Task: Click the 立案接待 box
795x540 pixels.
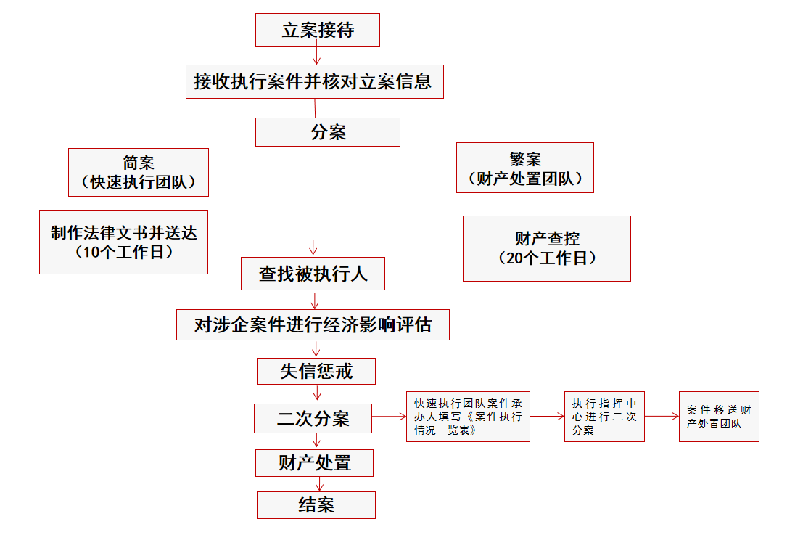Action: (317, 30)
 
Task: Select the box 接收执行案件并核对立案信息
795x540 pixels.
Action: (313, 81)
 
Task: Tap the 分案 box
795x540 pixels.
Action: (327, 132)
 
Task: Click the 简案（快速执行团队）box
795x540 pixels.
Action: (139, 172)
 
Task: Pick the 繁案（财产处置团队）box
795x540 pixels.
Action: (524, 168)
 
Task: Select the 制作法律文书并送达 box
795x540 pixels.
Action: (123, 242)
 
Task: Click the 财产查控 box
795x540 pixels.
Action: (546, 248)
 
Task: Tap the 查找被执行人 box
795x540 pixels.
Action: (313, 274)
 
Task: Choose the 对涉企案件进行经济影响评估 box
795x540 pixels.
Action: (313, 324)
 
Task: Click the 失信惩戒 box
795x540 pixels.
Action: (316, 371)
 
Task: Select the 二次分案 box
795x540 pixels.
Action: (313, 418)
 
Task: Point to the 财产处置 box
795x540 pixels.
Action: (314, 462)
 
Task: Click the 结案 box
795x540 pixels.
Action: (316, 505)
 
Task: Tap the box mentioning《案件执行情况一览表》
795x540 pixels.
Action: (468, 417)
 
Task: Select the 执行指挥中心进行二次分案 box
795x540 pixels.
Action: (604, 417)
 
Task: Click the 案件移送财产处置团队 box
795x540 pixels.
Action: (719, 417)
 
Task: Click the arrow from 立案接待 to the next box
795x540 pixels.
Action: (316, 56)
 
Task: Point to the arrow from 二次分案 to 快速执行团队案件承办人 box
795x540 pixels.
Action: (389, 417)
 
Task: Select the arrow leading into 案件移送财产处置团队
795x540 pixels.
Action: (662, 417)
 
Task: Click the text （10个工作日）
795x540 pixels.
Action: (123, 253)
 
